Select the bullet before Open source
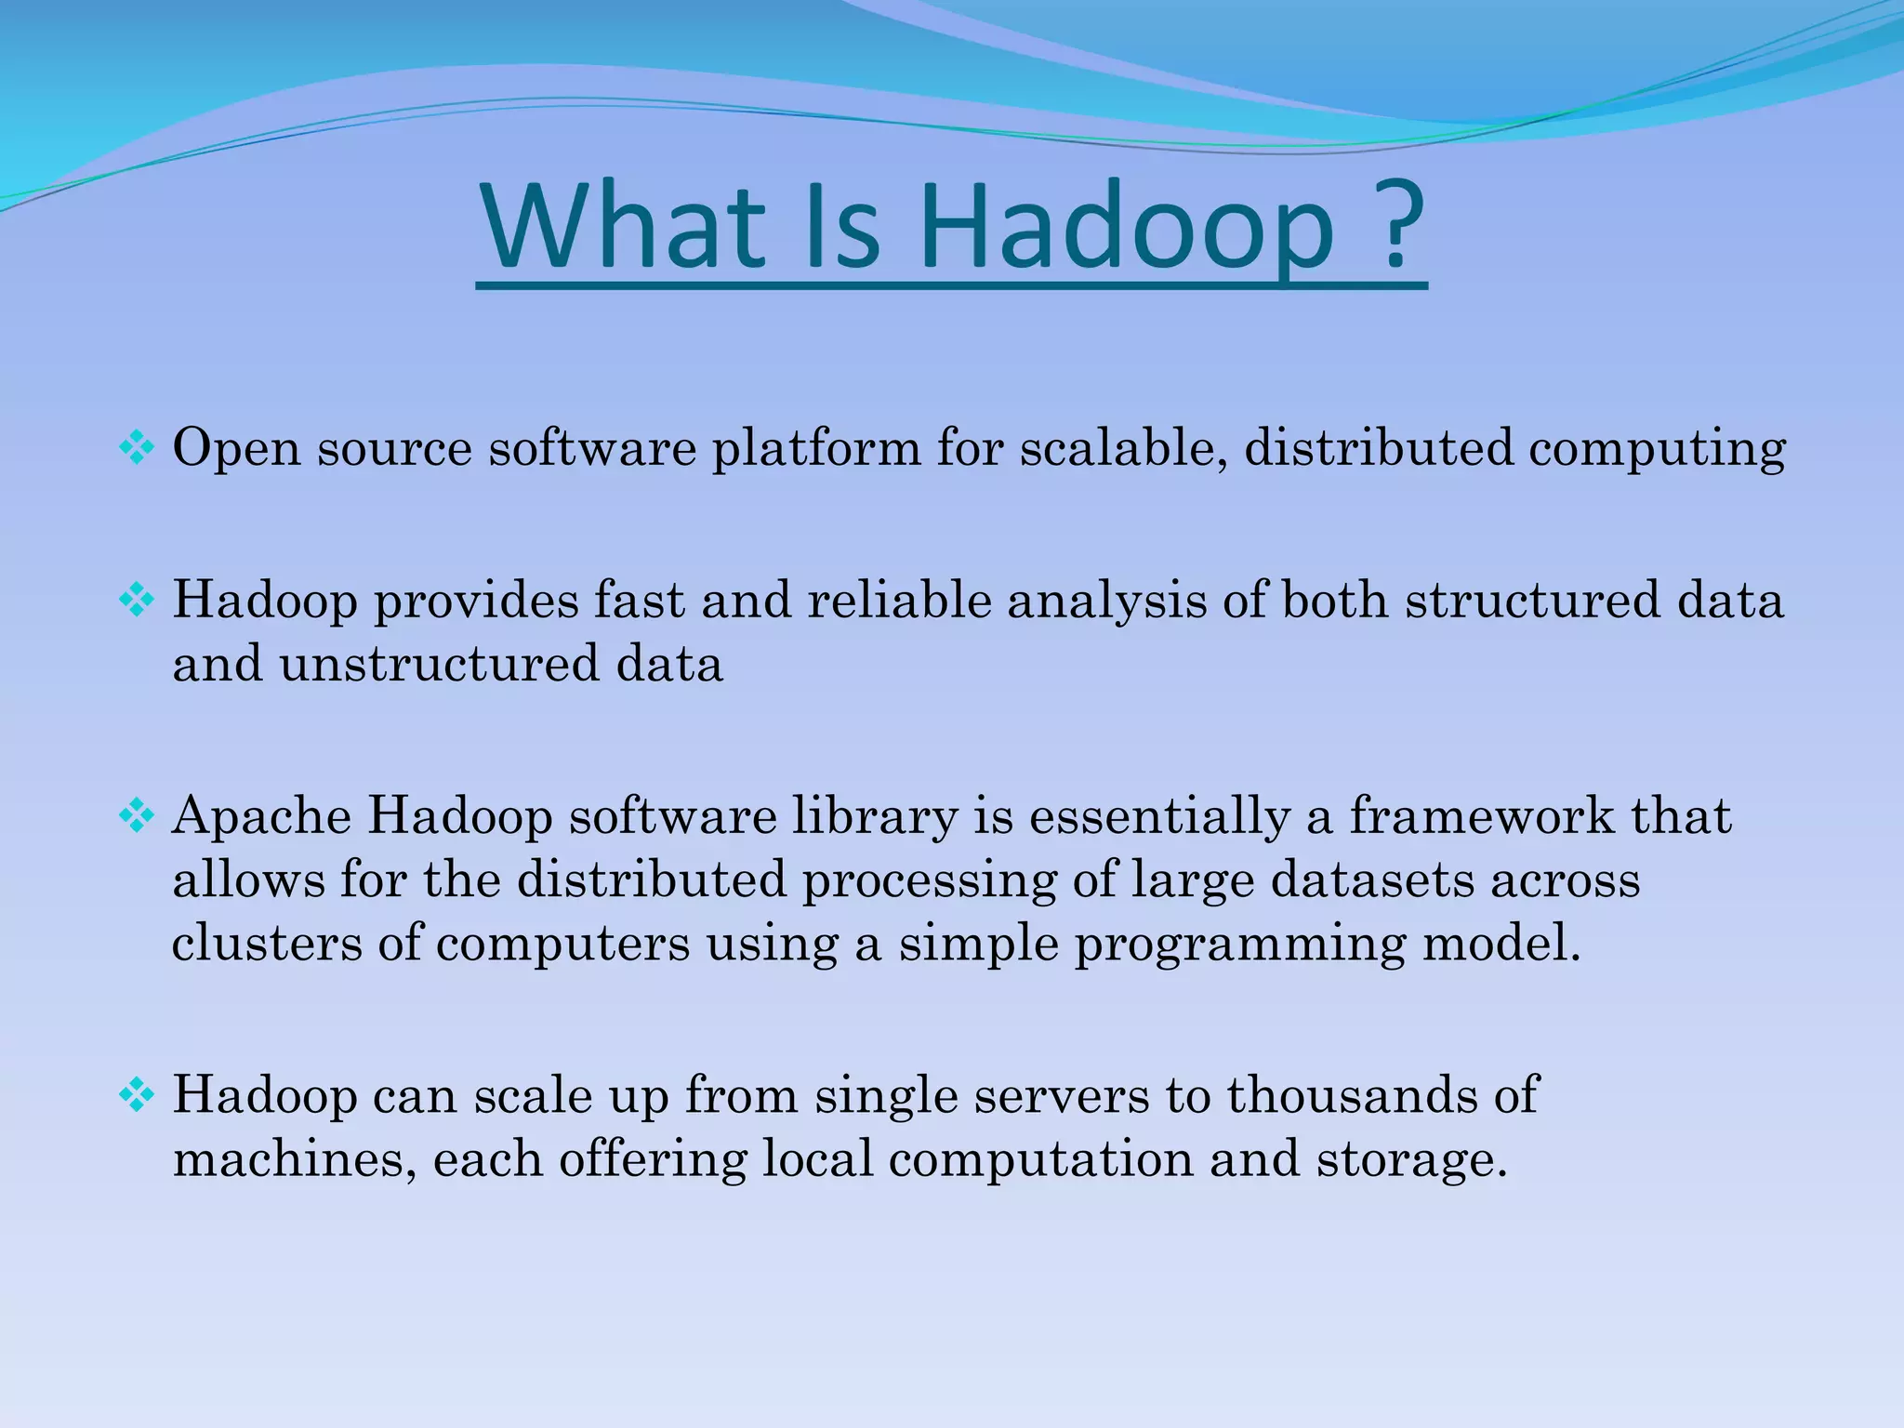(137, 449)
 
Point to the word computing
(1657, 449)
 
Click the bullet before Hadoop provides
(137, 601)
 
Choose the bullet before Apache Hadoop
(137, 817)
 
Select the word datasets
(1372, 879)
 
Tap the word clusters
(267, 943)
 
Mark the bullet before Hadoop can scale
(137, 1096)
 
